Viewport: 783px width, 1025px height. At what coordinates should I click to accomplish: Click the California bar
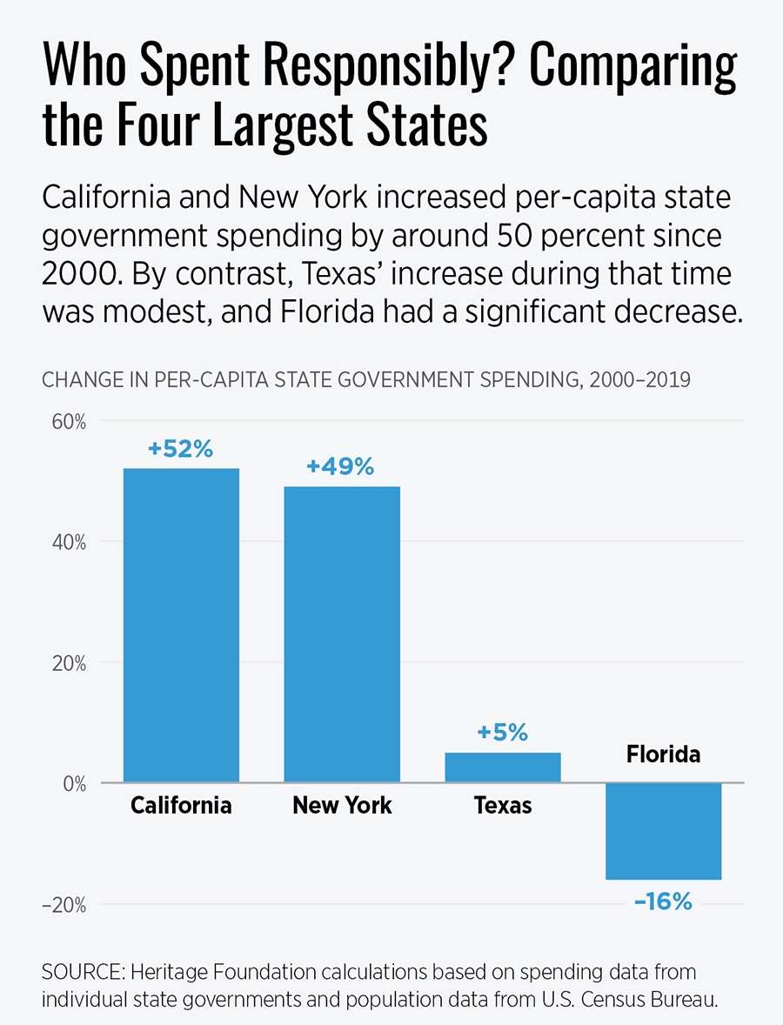click(181, 625)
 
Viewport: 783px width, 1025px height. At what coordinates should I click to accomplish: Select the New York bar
click(342, 633)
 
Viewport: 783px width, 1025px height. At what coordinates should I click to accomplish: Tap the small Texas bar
click(502, 767)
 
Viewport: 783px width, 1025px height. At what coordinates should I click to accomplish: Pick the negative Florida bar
click(663, 831)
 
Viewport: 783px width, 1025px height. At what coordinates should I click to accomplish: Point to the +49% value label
click(340, 467)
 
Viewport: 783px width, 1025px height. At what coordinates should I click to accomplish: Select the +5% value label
click(502, 733)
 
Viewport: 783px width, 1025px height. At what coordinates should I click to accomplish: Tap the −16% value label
click(663, 901)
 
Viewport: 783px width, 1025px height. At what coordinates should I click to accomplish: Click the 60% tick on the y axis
click(67, 422)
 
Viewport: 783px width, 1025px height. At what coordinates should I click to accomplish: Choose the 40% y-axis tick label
click(67, 542)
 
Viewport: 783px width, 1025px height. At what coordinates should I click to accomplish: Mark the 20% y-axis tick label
click(67, 663)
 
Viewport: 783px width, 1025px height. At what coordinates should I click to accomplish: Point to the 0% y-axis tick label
click(71, 784)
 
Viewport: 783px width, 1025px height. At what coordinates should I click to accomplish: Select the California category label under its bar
click(181, 806)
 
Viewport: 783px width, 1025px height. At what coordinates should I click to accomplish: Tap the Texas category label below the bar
click(503, 806)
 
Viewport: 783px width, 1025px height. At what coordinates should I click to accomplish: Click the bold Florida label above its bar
click(663, 754)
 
